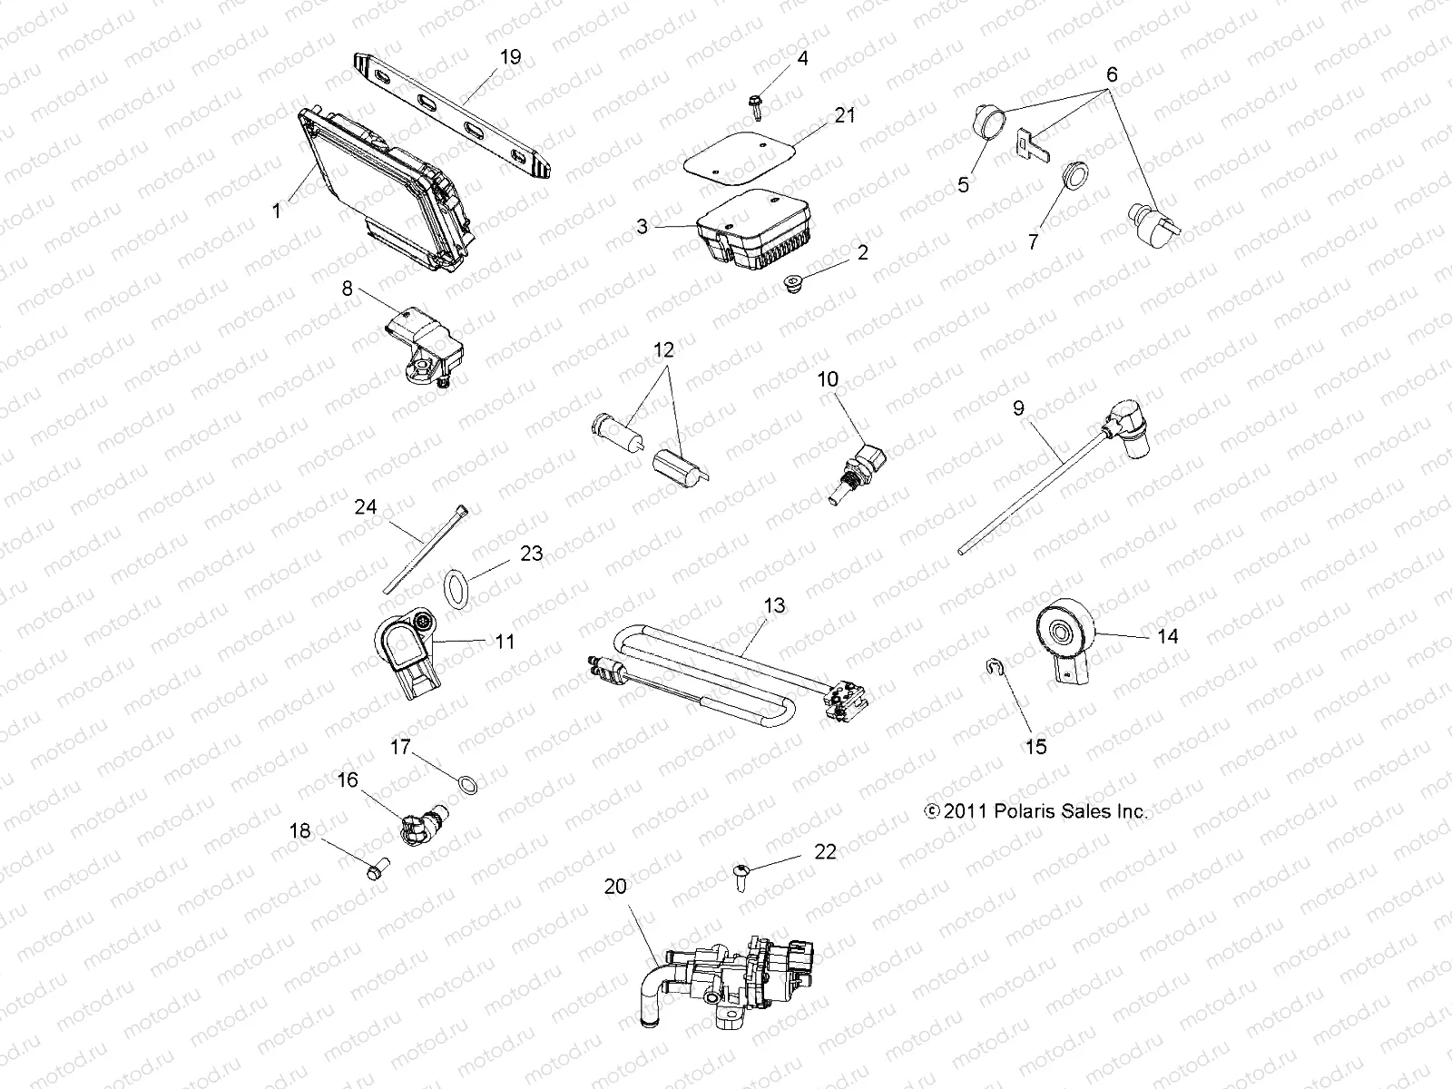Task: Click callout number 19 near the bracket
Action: click(511, 57)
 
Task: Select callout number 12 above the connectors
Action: click(664, 349)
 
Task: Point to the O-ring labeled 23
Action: click(457, 586)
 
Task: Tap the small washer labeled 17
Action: click(466, 784)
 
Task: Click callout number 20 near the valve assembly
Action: click(615, 887)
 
